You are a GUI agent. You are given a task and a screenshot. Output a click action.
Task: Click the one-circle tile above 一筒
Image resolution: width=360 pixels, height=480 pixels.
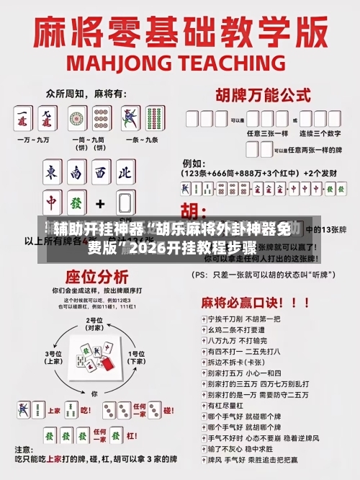(76, 117)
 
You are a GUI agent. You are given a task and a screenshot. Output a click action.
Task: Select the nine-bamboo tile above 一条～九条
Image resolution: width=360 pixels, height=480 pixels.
(153, 117)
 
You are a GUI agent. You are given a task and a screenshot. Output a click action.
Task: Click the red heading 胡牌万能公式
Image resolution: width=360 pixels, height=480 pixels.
(258, 94)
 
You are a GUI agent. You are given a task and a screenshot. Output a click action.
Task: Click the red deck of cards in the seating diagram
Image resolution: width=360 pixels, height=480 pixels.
(107, 364)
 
